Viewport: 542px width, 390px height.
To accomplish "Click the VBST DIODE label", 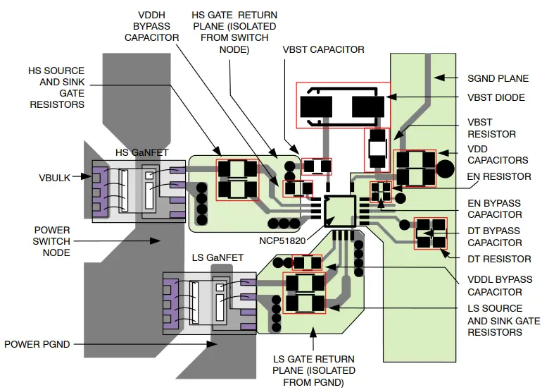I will tap(496, 97).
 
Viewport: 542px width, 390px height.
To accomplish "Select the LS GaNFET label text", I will tap(218, 257).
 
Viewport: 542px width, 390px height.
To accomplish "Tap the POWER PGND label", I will tap(37, 344).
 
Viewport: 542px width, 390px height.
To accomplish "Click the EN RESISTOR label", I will tap(499, 176).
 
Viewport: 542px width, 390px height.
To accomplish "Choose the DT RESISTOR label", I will tap(499, 259).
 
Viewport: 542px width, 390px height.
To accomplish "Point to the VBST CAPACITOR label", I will tap(323, 49).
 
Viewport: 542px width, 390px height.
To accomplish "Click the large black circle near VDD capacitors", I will tap(445, 169).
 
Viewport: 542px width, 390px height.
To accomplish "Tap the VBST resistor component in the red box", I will tap(377, 150).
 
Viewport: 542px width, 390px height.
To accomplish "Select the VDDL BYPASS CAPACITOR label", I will tap(495, 285).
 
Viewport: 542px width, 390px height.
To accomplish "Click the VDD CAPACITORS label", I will tap(498, 154).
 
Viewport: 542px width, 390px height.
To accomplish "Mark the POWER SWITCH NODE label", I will tap(52, 241).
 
